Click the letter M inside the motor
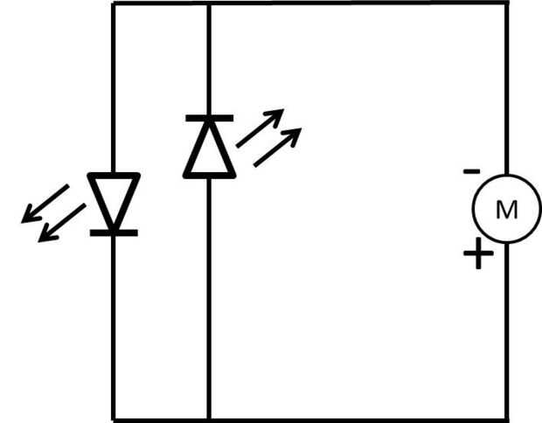(x=506, y=210)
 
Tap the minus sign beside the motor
(x=471, y=170)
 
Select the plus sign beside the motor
(x=477, y=255)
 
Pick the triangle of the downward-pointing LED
(x=114, y=197)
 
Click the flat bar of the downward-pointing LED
(x=114, y=232)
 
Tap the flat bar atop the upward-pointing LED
(x=208, y=117)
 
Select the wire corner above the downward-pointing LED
(x=114, y=3)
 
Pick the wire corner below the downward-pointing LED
(x=114, y=419)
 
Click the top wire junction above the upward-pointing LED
(x=208, y=3)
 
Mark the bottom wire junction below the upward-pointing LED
(x=208, y=419)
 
